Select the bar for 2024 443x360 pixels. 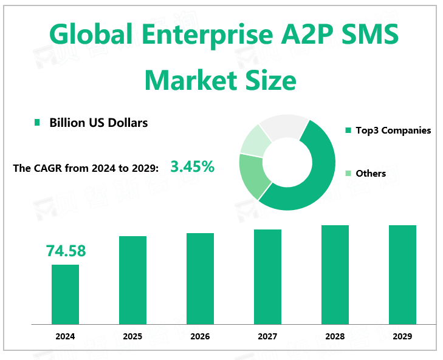click(65, 294)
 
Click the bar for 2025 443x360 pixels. click(132, 279)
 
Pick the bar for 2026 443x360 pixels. click(200, 278)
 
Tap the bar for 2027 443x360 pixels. click(267, 276)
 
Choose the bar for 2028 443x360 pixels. click(335, 274)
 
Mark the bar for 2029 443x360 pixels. click(402, 274)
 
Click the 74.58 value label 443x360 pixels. click(66, 251)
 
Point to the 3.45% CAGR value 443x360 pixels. click(192, 166)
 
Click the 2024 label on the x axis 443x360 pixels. click(65, 336)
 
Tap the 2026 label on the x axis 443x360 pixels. click(200, 336)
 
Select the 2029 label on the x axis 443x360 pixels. click(402, 336)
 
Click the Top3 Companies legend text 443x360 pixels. click(393, 130)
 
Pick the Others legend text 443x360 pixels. click(371, 173)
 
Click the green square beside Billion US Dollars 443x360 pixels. click(37, 123)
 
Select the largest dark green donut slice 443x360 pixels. click(316, 176)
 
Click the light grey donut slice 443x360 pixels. click(284, 124)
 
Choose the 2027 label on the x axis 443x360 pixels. click(267, 336)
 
